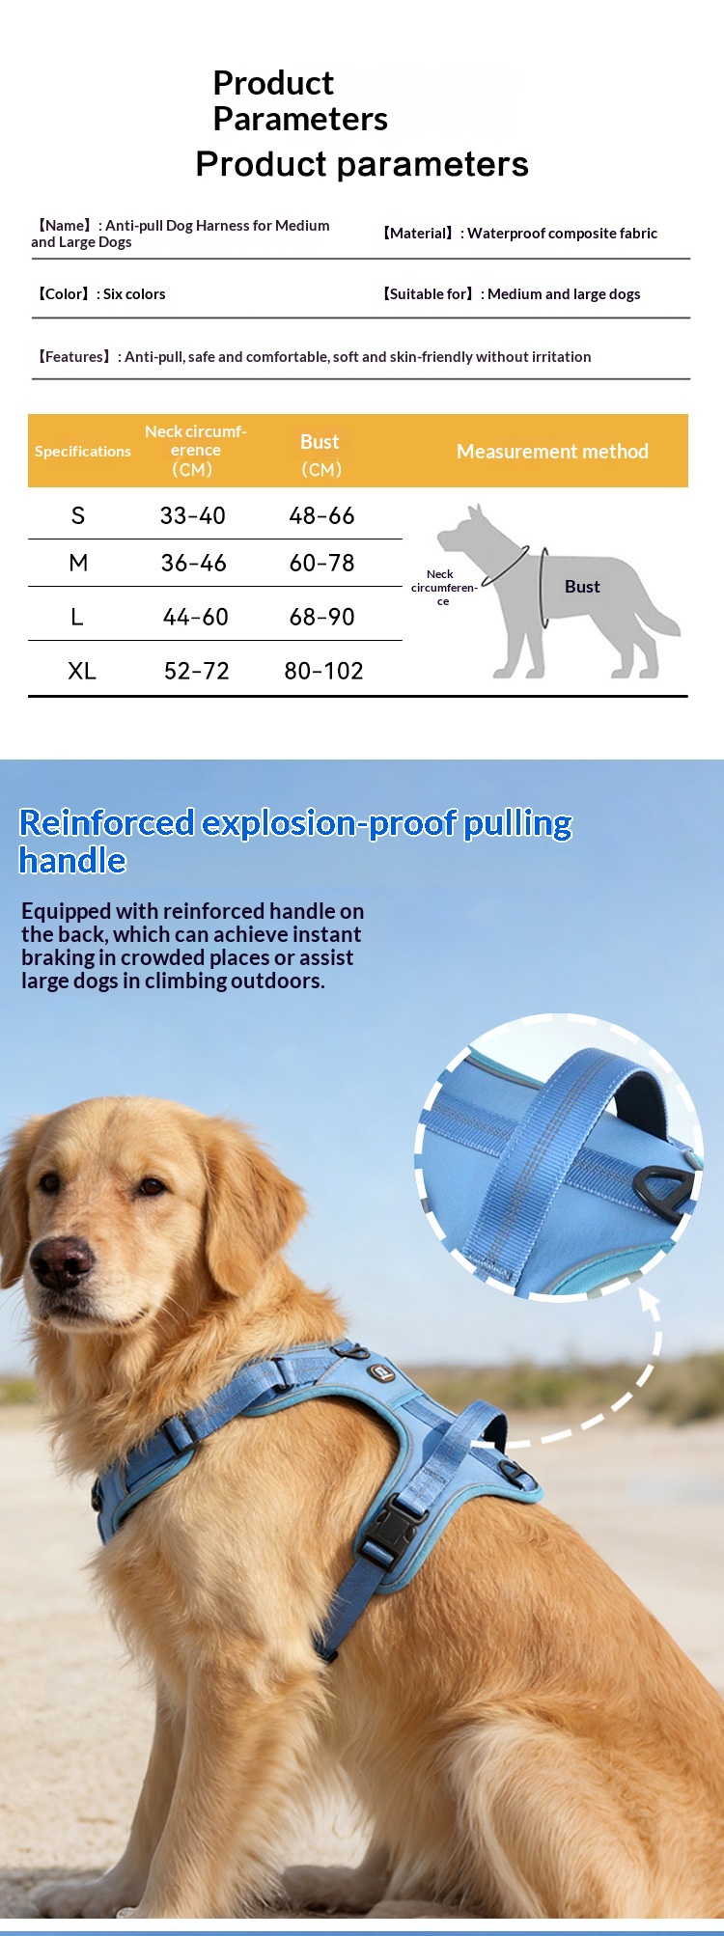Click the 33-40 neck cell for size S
[x=193, y=515]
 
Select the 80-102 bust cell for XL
[x=323, y=671]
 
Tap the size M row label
[x=78, y=563]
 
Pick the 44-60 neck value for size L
[x=195, y=617]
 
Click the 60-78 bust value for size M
[x=321, y=563]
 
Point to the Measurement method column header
[x=552, y=451]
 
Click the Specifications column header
[x=83, y=452]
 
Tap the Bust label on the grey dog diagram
[x=582, y=587]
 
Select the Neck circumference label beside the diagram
[x=443, y=587]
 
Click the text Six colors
[x=134, y=294]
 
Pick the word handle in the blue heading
[x=72, y=860]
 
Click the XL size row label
[x=82, y=671]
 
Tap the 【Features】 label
[x=74, y=357]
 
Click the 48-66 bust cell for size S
[x=321, y=515]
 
